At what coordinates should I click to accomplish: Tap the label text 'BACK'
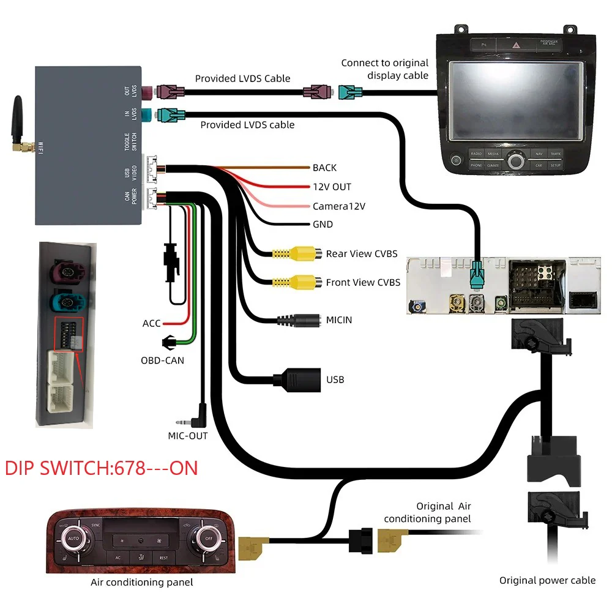324,168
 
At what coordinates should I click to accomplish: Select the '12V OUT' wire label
332,187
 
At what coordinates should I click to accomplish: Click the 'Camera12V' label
338,206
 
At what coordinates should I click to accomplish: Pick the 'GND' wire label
323,225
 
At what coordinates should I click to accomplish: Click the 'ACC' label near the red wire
151,323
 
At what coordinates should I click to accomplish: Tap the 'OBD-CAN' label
162,360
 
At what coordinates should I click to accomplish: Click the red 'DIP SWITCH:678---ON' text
102,468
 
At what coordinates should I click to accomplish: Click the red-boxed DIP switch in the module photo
67,333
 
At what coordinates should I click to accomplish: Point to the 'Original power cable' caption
547,580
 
